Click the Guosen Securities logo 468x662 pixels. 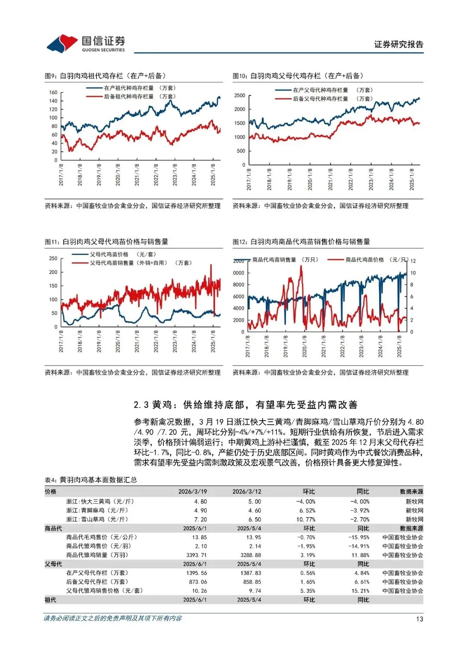click(x=86, y=43)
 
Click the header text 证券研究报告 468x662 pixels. click(x=398, y=44)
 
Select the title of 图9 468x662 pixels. click(x=105, y=76)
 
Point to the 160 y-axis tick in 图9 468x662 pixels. click(x=53, y=92)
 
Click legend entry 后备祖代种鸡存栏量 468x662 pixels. click(x=129, y=97)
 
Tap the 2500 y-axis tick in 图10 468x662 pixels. click(x=240, y=95)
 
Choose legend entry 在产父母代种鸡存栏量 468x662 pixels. click(x=320, y=90)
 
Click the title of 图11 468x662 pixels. click(x=106, y=242)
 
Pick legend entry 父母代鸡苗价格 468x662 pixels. click(x=109, y=254)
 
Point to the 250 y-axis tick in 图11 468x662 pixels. click(x=53, y=258)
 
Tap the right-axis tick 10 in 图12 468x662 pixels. click(x=413, y=273)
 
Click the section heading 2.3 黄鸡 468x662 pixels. click(x=245, y=405)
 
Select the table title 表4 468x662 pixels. click(x=91, y=480)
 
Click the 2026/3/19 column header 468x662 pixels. click(x=192, y=492)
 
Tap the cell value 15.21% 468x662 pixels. click(x=361, y=591)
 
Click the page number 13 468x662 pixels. click(x=419, y=619)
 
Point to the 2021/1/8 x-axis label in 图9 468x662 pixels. click(x=137, y=175)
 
